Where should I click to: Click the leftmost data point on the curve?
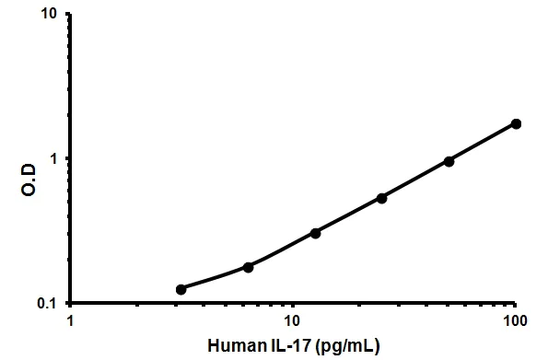tap(181, 289)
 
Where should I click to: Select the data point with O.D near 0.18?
tap(248, 267)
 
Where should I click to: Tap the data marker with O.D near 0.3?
tap(315, 233)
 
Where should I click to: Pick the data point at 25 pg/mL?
tap(381, 198)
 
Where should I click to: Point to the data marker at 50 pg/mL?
tap(449, 161)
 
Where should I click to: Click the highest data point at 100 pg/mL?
tap(516, 123)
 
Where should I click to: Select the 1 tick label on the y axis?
tap(55, 159)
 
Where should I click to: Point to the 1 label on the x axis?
tap(70, 321)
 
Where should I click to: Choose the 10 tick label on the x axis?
tap(292, 321)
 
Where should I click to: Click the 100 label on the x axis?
tap(516, 321)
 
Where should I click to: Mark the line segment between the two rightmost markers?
tap(483, 143)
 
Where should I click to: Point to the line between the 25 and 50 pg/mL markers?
tap(415, 180)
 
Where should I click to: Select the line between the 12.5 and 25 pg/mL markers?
tap(348, 215)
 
